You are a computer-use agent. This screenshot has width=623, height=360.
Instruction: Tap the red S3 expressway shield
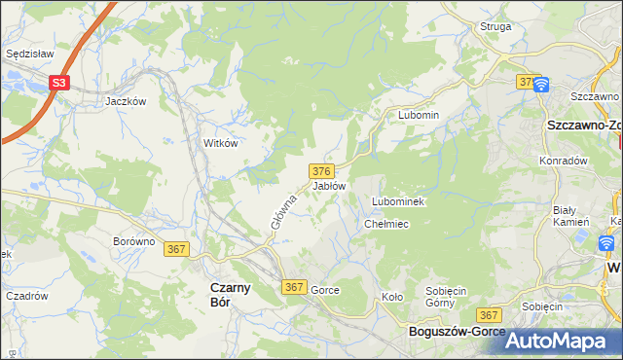tap(59, 84)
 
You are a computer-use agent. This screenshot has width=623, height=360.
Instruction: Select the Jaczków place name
tap(126, 101)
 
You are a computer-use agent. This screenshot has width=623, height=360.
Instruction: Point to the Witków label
tap(220, 142)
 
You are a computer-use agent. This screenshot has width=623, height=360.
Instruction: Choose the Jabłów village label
tap(329, 185)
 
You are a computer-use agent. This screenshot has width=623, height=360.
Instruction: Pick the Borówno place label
tap(134, 241)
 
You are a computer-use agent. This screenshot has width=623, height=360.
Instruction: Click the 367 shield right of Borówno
tap(176, 249)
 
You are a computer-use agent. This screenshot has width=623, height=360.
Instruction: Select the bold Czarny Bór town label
tap(232, 294)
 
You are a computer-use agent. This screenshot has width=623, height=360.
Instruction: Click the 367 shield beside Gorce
tap(295, 288)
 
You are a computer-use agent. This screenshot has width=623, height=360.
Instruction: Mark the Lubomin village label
tap(419, 115)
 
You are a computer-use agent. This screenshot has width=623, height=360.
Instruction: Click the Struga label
tap(495, 26)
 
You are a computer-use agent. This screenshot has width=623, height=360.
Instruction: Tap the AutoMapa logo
tap(557, 341)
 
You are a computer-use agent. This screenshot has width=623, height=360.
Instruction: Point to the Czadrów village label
tap(27, 296)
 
